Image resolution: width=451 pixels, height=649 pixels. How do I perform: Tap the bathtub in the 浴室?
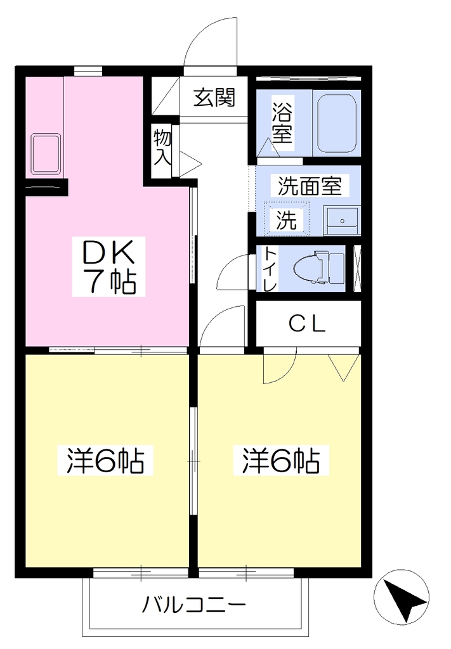click(337, 123)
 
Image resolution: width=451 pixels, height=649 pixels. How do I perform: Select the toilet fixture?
click(318, 268)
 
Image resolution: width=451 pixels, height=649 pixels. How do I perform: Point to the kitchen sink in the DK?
click(46, 153)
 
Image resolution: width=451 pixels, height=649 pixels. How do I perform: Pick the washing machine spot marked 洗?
click(287, 219)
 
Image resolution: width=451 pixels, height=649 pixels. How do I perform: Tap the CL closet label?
click(307, 324)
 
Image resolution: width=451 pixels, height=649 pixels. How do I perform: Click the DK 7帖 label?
click(109, 267)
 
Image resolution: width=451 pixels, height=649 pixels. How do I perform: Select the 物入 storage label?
click(162, 147)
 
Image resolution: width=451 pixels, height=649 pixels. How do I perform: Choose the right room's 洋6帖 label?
click(281, 460)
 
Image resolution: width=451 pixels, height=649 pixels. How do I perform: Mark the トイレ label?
click(270, 269)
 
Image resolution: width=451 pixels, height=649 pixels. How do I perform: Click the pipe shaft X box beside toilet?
click(356, 269)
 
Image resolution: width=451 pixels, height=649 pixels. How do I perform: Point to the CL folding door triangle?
click(343, 367)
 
